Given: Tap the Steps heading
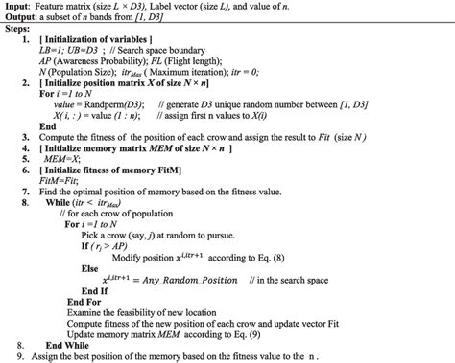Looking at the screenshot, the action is click(20, 33).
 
